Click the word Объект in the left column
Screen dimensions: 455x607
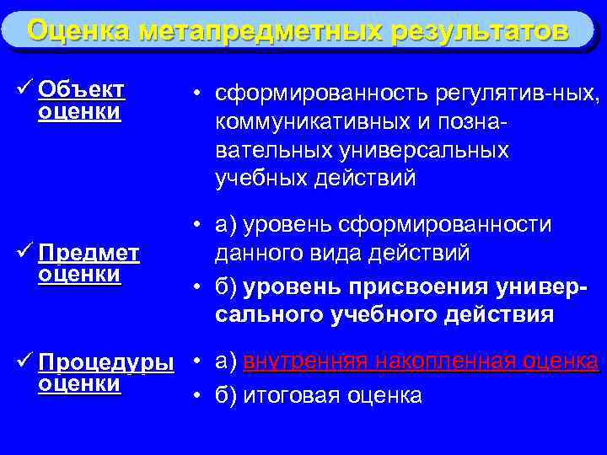point(81,89)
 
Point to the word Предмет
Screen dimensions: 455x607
point(89,253)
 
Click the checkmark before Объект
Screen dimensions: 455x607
point(24,88)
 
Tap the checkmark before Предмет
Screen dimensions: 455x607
point(24,252)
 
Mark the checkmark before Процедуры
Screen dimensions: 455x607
point(24,361)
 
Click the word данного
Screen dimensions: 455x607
point(252,253)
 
